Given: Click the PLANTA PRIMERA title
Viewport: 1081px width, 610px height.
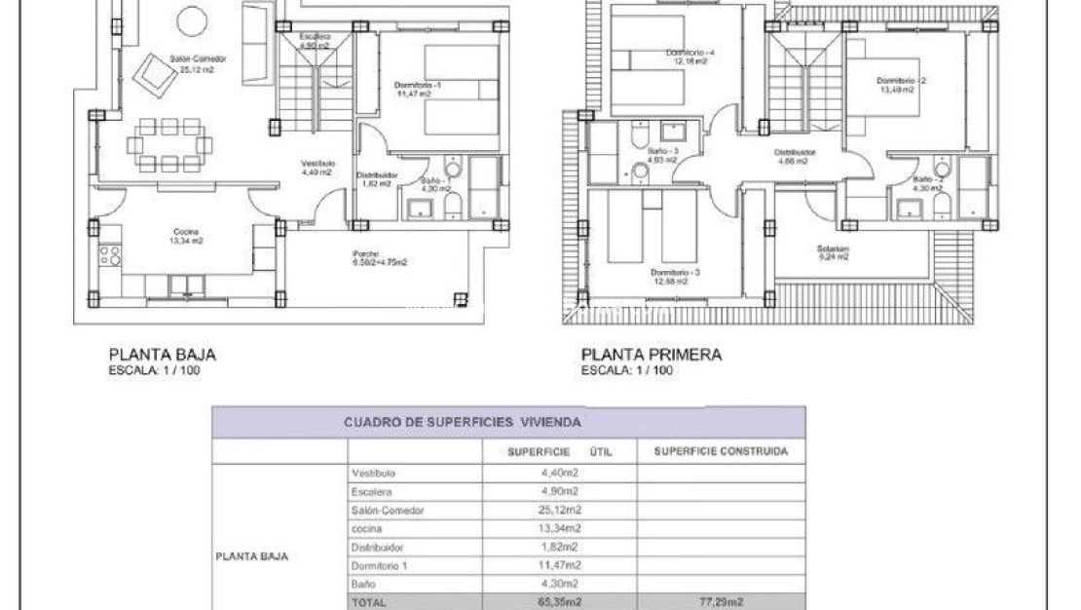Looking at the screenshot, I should click(x=652, y=355).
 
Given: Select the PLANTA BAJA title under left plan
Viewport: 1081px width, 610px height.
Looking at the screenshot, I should click(x=162, y=355).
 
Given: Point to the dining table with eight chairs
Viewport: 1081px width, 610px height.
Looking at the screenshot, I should click(x=169, y=144).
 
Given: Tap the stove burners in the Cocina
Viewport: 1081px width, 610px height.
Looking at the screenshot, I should click(x=110, y=255).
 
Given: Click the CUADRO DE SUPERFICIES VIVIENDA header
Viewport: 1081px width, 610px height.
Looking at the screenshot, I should click(x=463, y=422).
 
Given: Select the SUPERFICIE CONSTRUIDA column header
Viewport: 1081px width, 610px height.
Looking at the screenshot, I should click(x=721, y=451).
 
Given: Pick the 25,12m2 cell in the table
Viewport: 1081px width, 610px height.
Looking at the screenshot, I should click(x=559, y=510).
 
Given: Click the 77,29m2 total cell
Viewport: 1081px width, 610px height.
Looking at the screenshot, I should click(x=721, y=602).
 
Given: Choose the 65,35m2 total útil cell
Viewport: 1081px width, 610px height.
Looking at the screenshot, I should click(x=559, y=602).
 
